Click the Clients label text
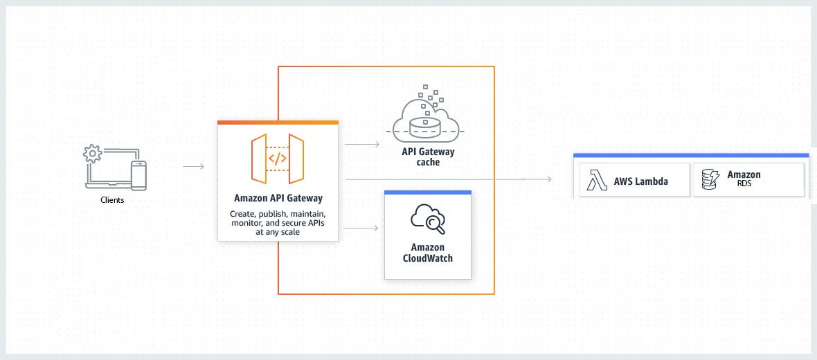click(112, 201)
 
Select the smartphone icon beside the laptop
click(139, 174)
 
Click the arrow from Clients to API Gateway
click(193, 166)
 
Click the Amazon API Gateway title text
click(278, 198)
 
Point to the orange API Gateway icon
click(278, 158)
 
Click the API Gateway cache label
click(429, 156)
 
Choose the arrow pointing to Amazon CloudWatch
click(361, 228)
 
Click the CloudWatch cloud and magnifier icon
click(427, 219)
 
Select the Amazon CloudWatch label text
click(427, 253)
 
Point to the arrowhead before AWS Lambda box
click(548, 179)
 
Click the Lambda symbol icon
click(597, 180)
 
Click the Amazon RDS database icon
click(709, 180)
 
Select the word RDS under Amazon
click(744, 185)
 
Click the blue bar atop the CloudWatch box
click(427, 192)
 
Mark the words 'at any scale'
click(278, 233)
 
